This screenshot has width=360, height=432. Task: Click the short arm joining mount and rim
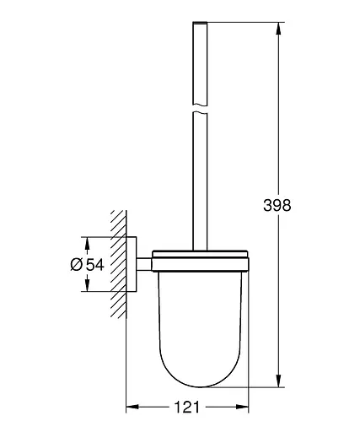pos(147,264)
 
